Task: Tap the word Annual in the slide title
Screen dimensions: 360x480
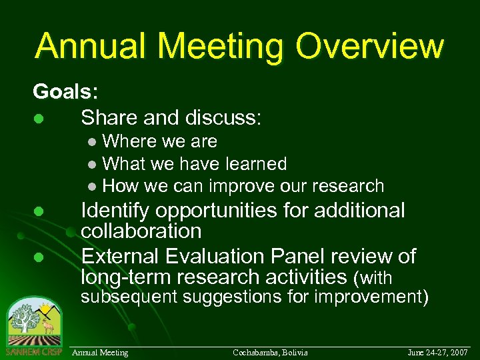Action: tap(91, 45)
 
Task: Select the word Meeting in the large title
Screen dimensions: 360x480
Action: tap(221, 45)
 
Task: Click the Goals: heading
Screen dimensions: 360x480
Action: tap(65, 92)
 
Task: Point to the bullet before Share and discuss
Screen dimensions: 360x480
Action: tap(39, 119)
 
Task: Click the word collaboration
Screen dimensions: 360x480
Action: tap(141, 231)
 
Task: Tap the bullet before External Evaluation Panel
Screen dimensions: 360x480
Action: tap(39, 257)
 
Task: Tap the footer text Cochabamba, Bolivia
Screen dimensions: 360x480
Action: tap(270, 351)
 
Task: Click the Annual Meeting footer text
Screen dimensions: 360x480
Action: tap(99, 351)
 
